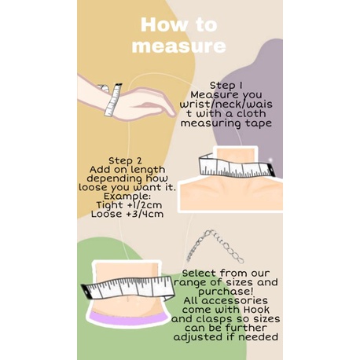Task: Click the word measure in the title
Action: pyautogui.click(x=179, y=46)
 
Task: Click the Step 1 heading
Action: pyautogui.click(x=226, y=86)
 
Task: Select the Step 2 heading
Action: pyautogui.click(x=125, y=160)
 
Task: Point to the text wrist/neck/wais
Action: pyautogui.click(x=226, y=104)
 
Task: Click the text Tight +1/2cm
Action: pyautogui.click(x=129, y=205)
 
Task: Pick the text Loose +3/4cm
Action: pyautogui.click(x=127, y=214)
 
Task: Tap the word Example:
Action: pyautogui.click(x=127, y=196)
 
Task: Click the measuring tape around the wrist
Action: pyautogui.click(x=113, y=100)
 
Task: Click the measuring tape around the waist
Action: pyautogui.click(x=128, y=288)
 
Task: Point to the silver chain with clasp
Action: pyautogui.click(x=215, y=246)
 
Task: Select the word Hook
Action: pyautogui.click(x=256, y=310)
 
